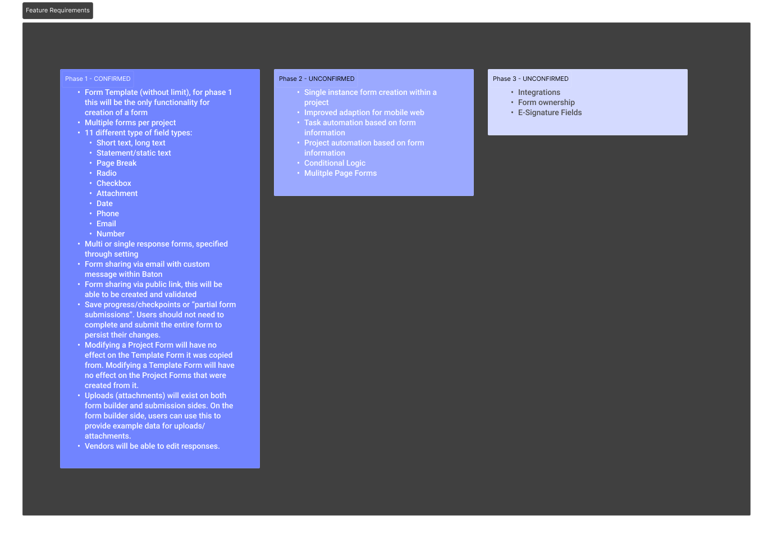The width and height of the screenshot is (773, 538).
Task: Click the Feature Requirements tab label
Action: tap(58, 11)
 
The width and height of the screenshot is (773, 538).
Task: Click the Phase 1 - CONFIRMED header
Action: tap(98, 79)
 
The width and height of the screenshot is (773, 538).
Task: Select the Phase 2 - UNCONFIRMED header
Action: tap(317, 79)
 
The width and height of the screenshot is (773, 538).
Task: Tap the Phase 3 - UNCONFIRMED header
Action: tap(530, 79)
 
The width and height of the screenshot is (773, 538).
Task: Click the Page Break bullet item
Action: tap(116, 163)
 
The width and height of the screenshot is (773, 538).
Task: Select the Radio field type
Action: tap(107, 174)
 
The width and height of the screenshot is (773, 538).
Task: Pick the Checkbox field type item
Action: tap(114, 184)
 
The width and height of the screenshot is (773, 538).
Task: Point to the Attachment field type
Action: tap(117, 194)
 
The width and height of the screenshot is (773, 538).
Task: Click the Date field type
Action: tap(104, 204)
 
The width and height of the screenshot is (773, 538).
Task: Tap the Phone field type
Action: tap(108, 214)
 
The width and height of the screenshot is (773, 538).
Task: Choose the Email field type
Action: tap(106, 224)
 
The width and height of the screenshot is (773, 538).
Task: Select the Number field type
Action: tap(111, 234)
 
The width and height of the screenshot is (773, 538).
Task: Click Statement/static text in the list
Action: tap(134, 153)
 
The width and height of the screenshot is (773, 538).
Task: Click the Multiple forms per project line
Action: tap(130, 123)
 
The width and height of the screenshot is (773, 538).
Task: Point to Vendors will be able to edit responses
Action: tap(152, 446)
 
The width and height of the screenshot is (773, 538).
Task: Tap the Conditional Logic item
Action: tap(335, 163)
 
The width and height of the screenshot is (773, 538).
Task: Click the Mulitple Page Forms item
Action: tap(340, 174)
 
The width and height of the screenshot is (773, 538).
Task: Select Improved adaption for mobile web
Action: tap(364, 113)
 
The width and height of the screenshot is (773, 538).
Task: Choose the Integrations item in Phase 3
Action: tap(539, 93)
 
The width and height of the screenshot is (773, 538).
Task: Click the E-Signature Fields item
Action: tap(550, 113)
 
